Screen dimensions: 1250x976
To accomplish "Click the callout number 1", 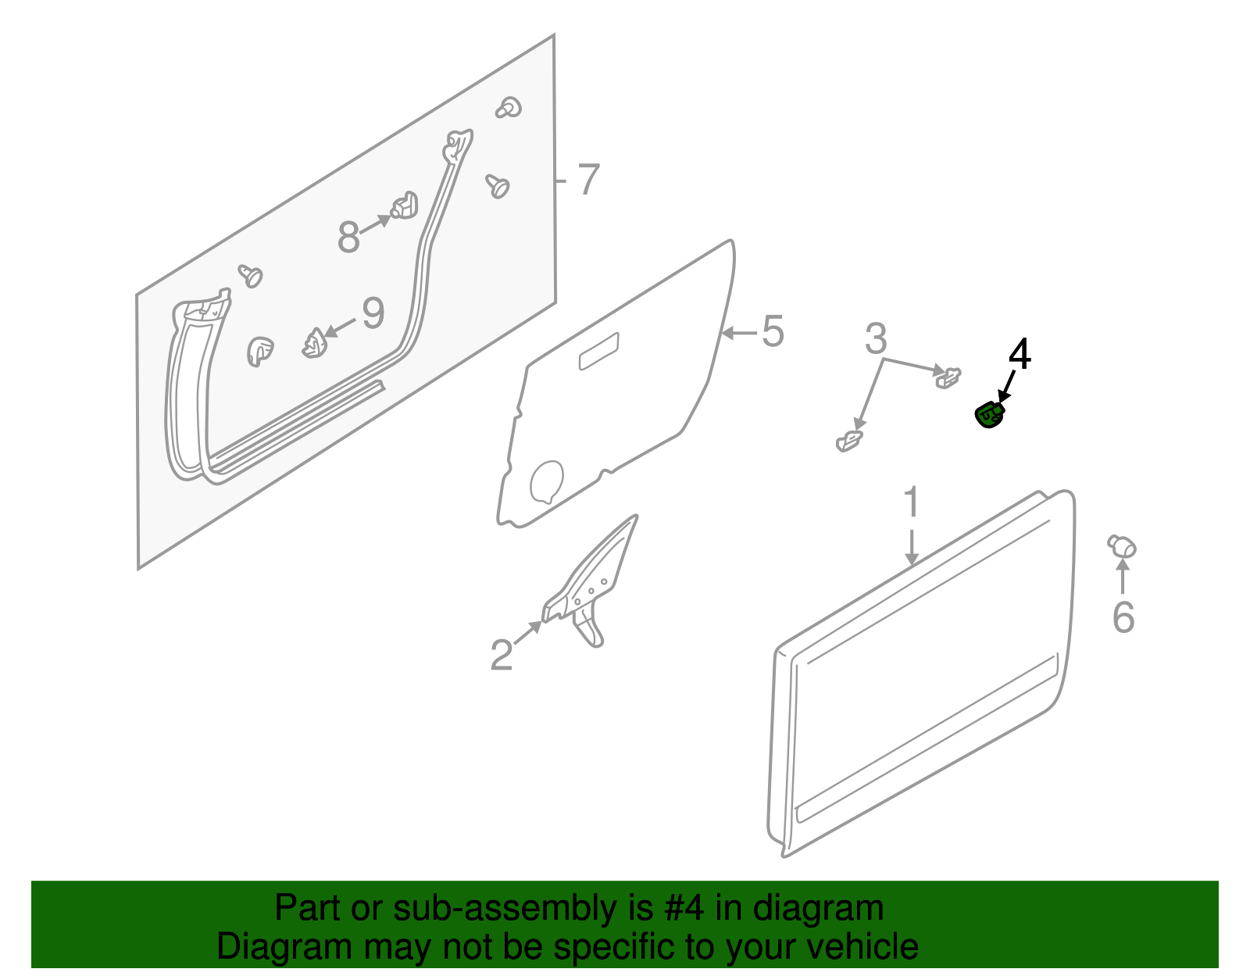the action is tap(911, 502).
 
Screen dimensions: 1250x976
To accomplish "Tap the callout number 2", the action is tap(502, 655).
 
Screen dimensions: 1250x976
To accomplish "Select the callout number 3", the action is tap(876, 339).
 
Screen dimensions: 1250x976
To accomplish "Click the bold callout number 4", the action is tap(1020, 354).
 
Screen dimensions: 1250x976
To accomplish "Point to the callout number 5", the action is tap(773, 331).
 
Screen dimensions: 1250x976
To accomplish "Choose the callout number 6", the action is tap(1123, 617).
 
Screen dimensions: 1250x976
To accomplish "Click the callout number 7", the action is tap(588, 179).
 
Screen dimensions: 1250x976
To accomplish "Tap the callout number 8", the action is tap(348, 236).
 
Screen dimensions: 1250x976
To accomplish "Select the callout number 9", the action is tap(373, 313).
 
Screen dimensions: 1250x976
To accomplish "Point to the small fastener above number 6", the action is tap(1122, 545).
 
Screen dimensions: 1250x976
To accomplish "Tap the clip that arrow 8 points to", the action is tap(405, 206).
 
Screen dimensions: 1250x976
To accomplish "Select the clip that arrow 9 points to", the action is tap(314, 343).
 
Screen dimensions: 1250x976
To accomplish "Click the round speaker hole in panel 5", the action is tap(546, 482).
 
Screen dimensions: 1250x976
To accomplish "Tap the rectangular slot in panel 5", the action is tap(598, 352).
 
